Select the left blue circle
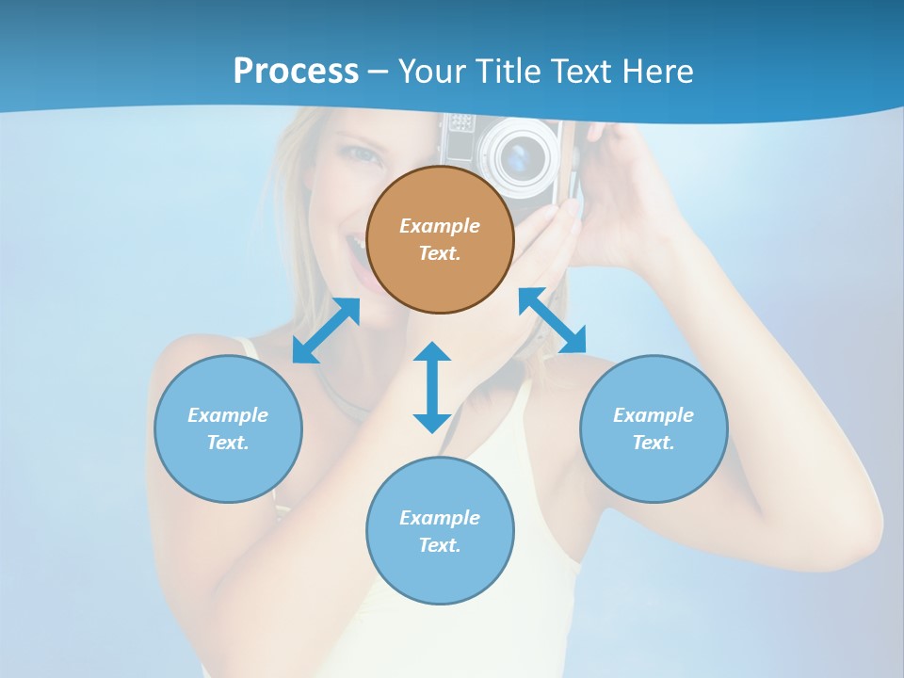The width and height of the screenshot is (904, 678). pyautogui.click(x=228, y=428)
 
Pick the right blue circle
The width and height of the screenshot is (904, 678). pyautogui.click(x=654, y=428)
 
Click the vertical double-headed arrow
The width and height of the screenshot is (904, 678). pyautogui.click(x=432, y=387)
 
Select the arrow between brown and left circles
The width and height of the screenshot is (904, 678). pyautogui.click(x=326, y=331)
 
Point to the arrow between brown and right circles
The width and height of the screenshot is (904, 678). pyautogui.click(x=553, y=320)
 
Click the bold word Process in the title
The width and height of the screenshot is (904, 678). pyautogui.click(x=296, y=71)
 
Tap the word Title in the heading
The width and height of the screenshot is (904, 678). pyautogui.click(x=508, y=71)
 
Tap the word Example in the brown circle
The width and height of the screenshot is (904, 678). pyautogui.click(x=440, y=226)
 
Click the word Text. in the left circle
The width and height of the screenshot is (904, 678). pyautogui.click(x=228, y=443)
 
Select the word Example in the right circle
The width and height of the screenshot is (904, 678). pyautogui.click(x=654, y=415)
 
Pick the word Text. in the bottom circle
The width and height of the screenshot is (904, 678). pyautogui.click(x=440, y=545)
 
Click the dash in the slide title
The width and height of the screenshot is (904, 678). pyautogui.click(x=379, y=72)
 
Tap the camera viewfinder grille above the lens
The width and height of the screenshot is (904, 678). pyautogui.click(x=459, y=123)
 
